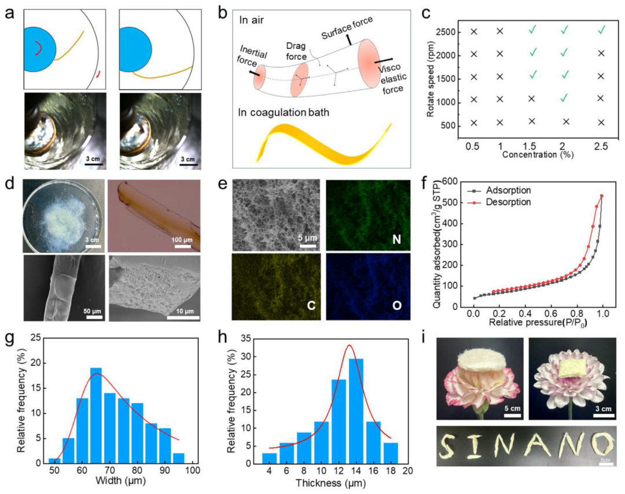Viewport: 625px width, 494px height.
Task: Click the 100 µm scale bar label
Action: pyautogui.click(x=182, y=239)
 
